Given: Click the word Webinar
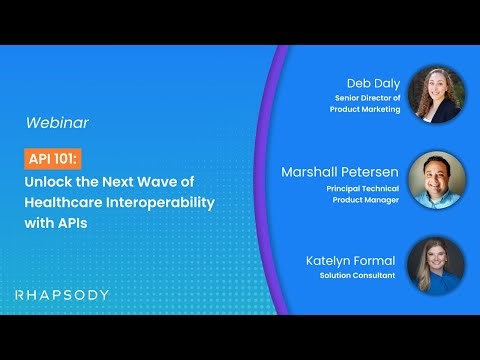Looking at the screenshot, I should click(x=57, y=123).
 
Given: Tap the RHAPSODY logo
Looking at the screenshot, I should click(x=62, y=295).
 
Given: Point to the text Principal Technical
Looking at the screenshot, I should click(x=360, y=186).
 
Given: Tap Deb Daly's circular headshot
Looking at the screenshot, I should click(x=437, y=95).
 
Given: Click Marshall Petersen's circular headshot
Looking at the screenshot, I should click(x=437, y=180).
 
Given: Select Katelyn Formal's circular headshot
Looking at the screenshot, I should click(x=437, y=266).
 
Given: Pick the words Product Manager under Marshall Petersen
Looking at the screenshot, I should click(x=366, y=199).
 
